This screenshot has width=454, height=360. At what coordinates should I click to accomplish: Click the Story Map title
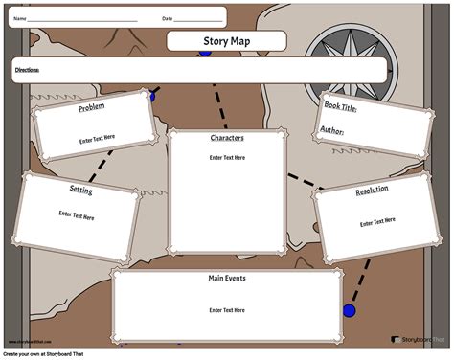tap(227, 40)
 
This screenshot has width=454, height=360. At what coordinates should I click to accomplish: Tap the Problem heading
tap(92, 107)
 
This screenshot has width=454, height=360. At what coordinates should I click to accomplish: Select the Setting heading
tap(80, 190)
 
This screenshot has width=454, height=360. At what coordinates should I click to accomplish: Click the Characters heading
tap(227, 138)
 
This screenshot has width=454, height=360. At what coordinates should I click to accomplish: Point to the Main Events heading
tap(227, 279)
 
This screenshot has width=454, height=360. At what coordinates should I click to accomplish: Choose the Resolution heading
tap(372, 191)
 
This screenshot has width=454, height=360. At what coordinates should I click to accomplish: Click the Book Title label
tap(340, 109)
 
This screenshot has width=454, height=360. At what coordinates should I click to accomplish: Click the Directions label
tap(27, 70)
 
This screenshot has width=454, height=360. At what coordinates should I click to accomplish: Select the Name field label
tap(18, 18)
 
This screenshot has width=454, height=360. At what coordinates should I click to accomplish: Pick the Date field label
tap(167, 18)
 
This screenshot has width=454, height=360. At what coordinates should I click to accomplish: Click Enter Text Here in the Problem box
tap(98, 140)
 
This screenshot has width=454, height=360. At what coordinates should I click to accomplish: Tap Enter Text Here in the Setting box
tap(77, 217)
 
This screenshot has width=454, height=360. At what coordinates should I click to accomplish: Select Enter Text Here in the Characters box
tap(227, 157)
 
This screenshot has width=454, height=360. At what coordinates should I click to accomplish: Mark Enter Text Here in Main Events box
tap(227, 310)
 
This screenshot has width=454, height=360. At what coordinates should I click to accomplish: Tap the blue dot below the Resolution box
tap(350, 311)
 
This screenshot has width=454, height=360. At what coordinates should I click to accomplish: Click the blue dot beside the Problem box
tap(150, 96)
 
